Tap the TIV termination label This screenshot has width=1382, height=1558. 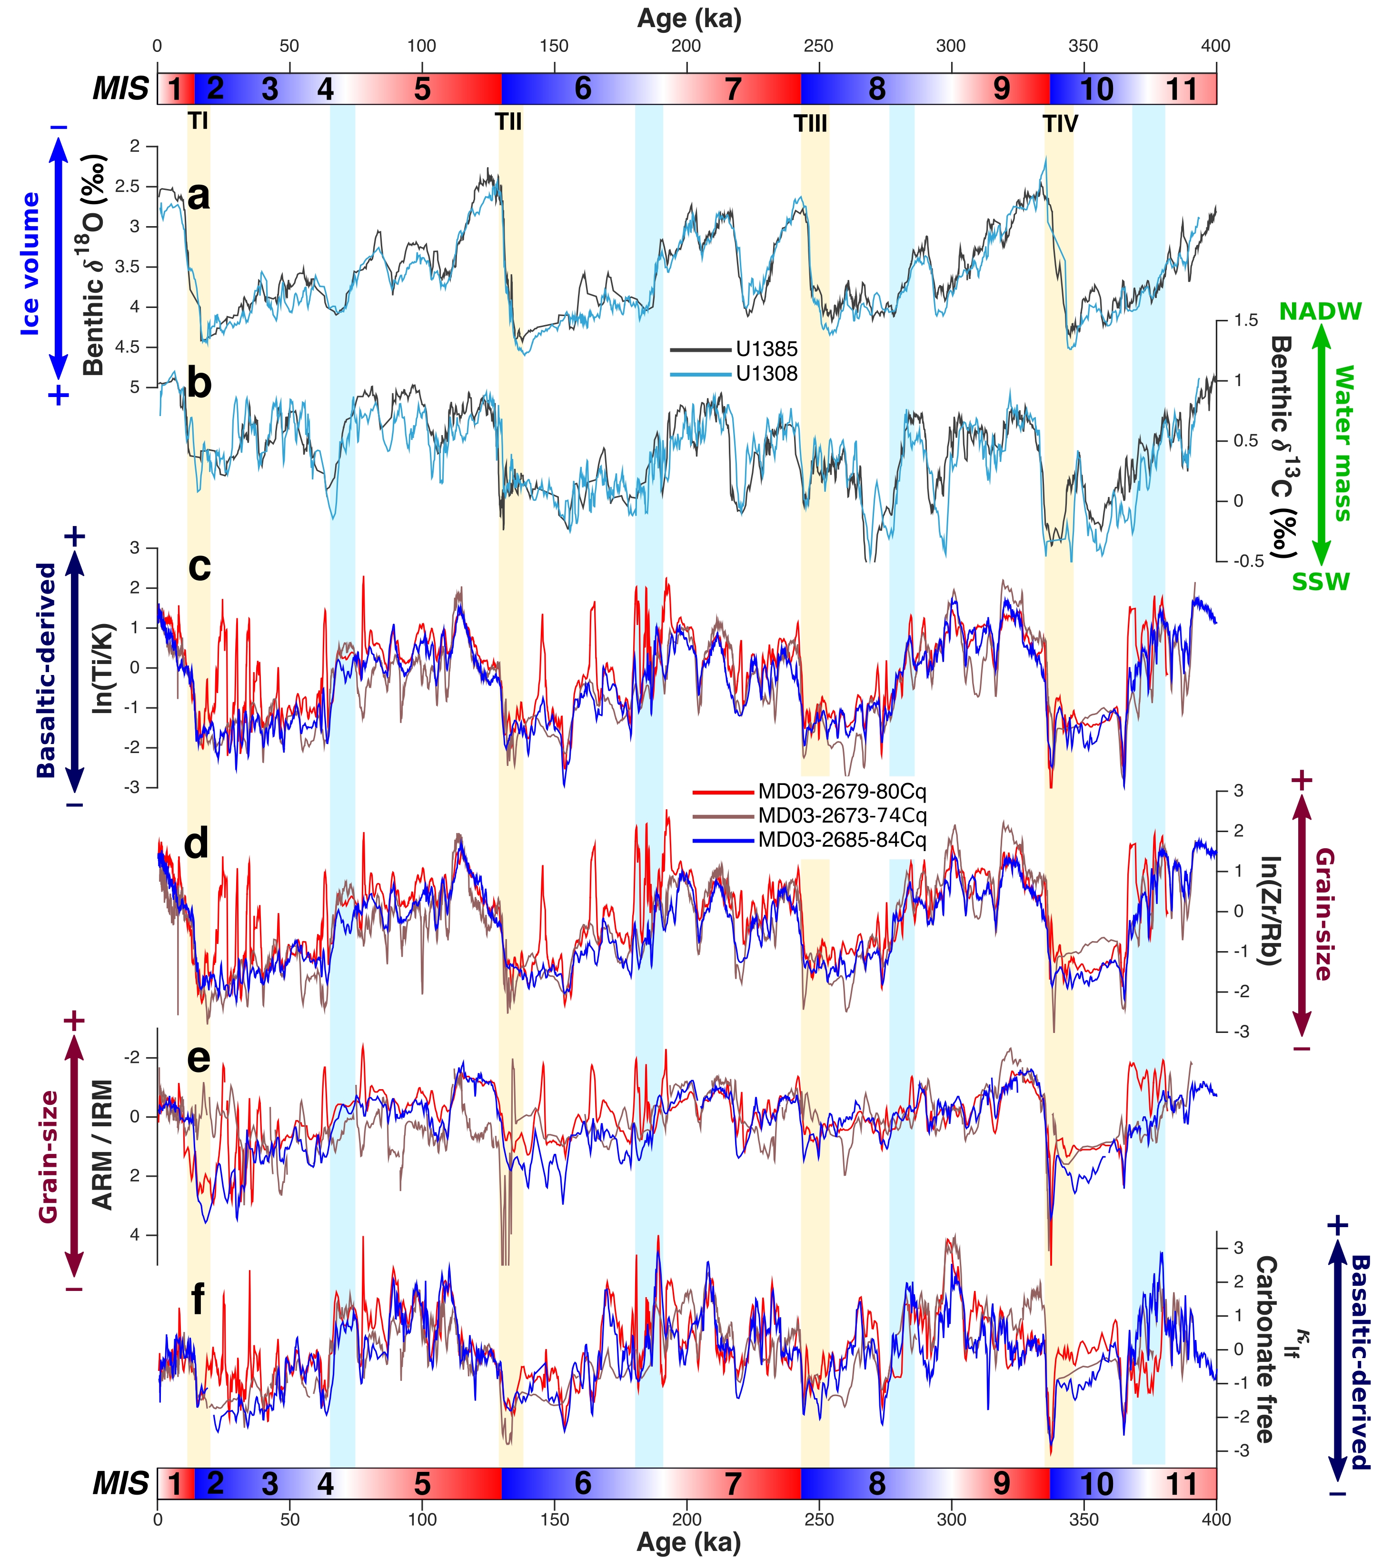coord(1060,123)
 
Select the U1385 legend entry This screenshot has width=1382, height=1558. coord(766,349)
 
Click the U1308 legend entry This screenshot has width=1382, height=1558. coord(766,374)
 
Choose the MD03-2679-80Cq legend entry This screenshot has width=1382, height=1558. coord(842,791)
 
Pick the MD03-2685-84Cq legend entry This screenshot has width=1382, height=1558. coord(842,840)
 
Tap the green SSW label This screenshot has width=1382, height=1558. coord(1320,582)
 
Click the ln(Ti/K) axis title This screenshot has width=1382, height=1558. coord(102,668)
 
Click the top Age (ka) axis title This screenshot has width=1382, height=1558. coord(689,18)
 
